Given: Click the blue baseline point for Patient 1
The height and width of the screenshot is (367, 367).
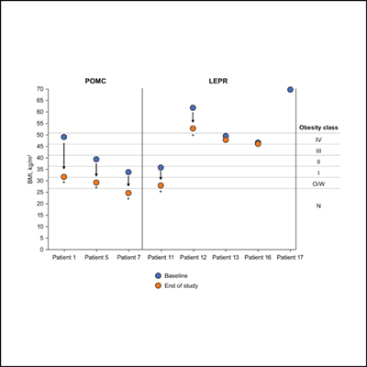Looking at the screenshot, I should (x=64, y=137).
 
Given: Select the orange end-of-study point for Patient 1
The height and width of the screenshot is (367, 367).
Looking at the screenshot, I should (x=64, y=176).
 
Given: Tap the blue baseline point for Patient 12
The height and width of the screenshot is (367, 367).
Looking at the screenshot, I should (x=193, y=108).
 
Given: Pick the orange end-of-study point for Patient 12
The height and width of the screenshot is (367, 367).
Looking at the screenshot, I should (x=193, y=128).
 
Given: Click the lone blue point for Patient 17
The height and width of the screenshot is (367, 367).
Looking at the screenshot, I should (x=290, y=90).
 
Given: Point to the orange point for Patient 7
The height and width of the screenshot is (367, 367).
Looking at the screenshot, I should (x=128, y=193).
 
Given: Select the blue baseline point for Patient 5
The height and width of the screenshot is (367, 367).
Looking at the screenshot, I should (x=96, y=159).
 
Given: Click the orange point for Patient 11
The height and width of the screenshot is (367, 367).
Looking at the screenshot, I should (x=161, y=185).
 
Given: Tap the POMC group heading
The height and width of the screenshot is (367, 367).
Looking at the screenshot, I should (x=96, y=82).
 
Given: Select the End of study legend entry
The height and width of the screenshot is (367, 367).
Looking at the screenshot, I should (x=183, y=285).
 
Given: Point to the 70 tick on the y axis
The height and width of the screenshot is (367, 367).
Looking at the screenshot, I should (x=41, y=89).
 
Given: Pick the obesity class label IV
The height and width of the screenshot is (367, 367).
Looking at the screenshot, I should (x=317, y=139).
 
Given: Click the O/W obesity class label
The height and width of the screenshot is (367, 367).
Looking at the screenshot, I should (x=317, y=183).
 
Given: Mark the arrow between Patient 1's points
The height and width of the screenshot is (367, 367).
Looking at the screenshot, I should (x=64, y=157).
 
